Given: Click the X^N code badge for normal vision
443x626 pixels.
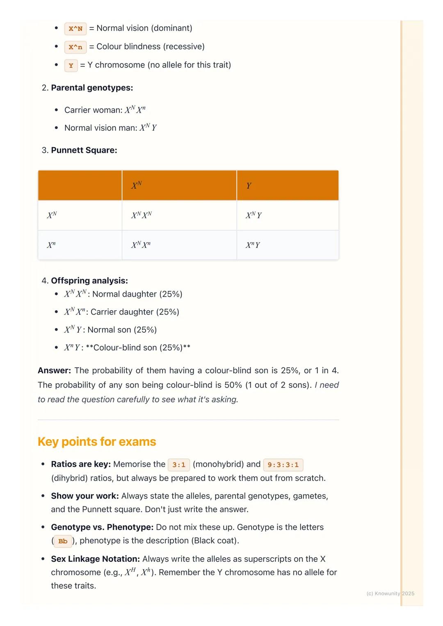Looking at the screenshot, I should coord(75,29).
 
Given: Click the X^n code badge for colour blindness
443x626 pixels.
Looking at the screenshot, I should coord(75,47).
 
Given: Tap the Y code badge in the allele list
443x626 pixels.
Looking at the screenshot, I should coord(71,66).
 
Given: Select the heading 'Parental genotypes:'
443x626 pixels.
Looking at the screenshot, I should coord(92,88).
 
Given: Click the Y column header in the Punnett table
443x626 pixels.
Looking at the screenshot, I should coord(249,186).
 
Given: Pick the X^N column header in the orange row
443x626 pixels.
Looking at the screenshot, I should coord(137,186).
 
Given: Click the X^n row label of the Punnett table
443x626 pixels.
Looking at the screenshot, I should coord(51,245).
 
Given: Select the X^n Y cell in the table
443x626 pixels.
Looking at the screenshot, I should coord(253,245).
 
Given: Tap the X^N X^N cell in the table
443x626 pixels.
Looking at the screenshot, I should coord(142,215).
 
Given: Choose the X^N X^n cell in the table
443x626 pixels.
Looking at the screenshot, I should coord(141,245).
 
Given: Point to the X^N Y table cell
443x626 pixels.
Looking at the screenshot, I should coord(253,215).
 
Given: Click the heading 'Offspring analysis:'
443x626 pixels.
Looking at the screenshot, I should coord(89,281).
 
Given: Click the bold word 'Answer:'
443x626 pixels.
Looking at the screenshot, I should coord(54,370).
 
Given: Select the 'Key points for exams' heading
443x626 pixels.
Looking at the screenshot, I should coord(97,442).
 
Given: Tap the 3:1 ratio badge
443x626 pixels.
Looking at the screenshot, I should coord(179,465).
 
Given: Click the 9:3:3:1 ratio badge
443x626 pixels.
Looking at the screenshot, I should coord(283,465).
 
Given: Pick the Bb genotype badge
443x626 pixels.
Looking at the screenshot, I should coord(63,541).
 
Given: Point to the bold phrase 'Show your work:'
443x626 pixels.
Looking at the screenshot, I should coord(85,496).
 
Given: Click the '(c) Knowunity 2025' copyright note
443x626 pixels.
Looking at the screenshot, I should coord(390,593).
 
